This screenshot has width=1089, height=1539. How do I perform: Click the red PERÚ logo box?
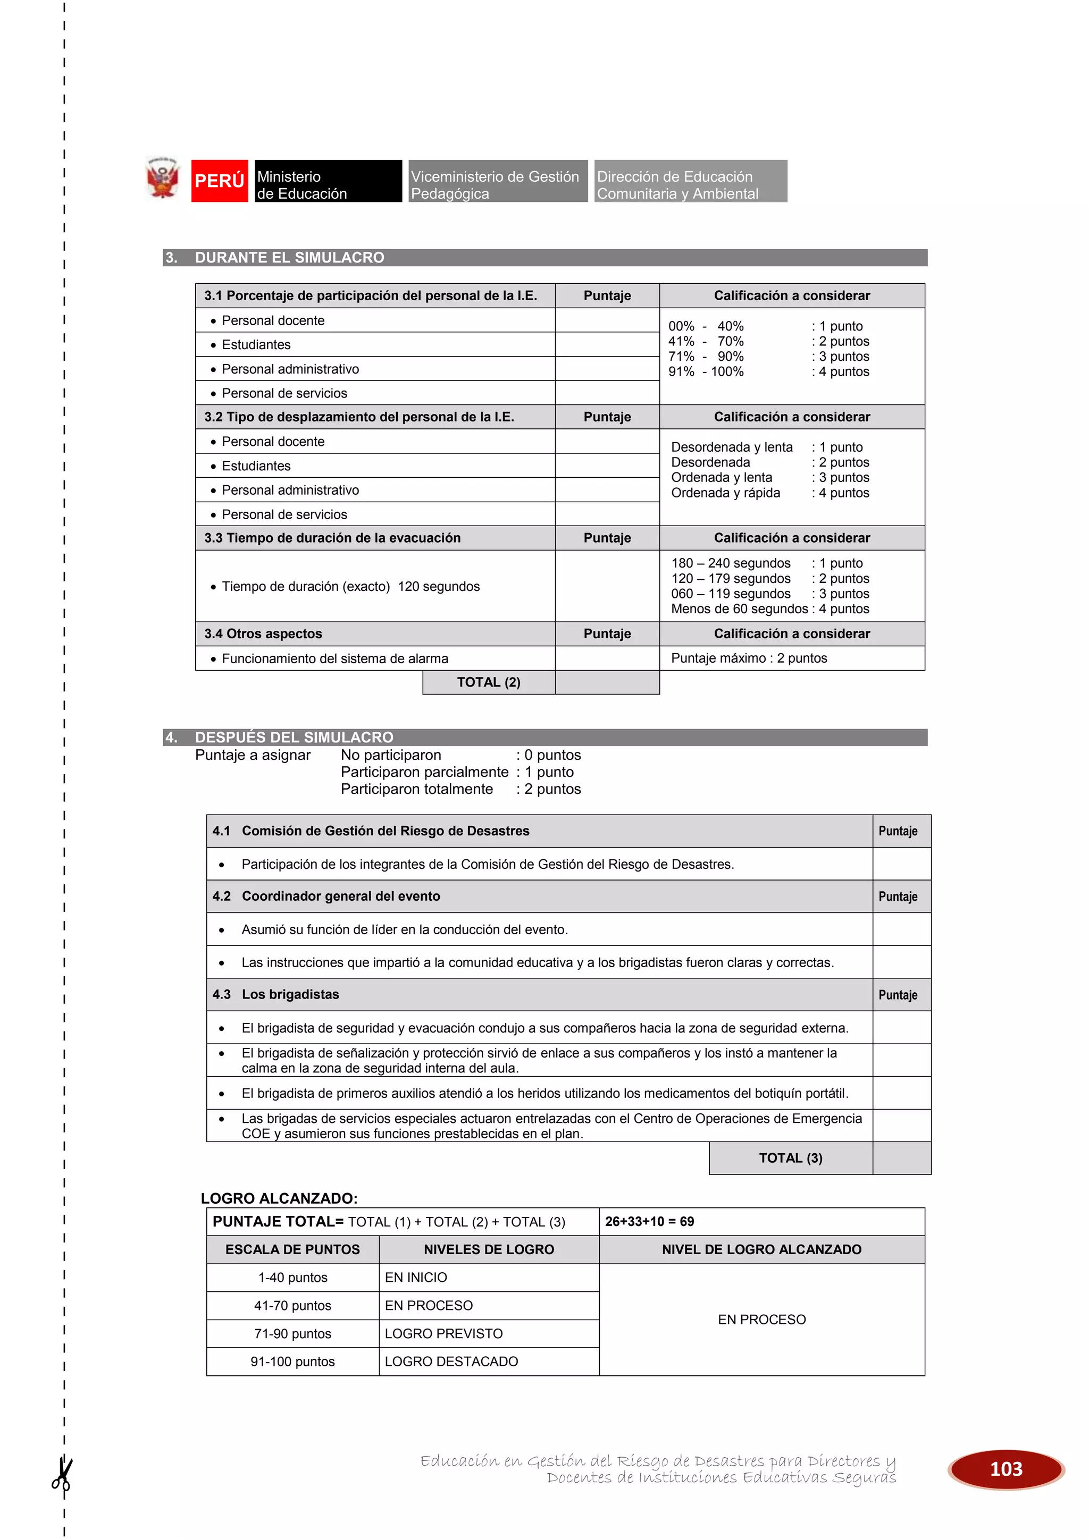point(219,181)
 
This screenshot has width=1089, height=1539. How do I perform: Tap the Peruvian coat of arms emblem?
point(162,179)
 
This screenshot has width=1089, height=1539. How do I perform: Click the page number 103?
point(1006,1469)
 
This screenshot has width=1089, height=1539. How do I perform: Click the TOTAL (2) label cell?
point(488,682)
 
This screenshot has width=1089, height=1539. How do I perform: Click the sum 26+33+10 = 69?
point(649,1221)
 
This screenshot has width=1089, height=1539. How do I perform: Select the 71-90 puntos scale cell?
point(292,1334)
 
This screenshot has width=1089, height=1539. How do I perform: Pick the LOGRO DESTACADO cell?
point(451,1362)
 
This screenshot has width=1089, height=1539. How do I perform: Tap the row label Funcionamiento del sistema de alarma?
point(334,659)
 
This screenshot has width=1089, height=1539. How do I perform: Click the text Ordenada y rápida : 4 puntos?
point(770,493)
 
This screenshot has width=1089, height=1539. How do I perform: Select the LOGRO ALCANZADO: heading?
point(279,1198)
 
